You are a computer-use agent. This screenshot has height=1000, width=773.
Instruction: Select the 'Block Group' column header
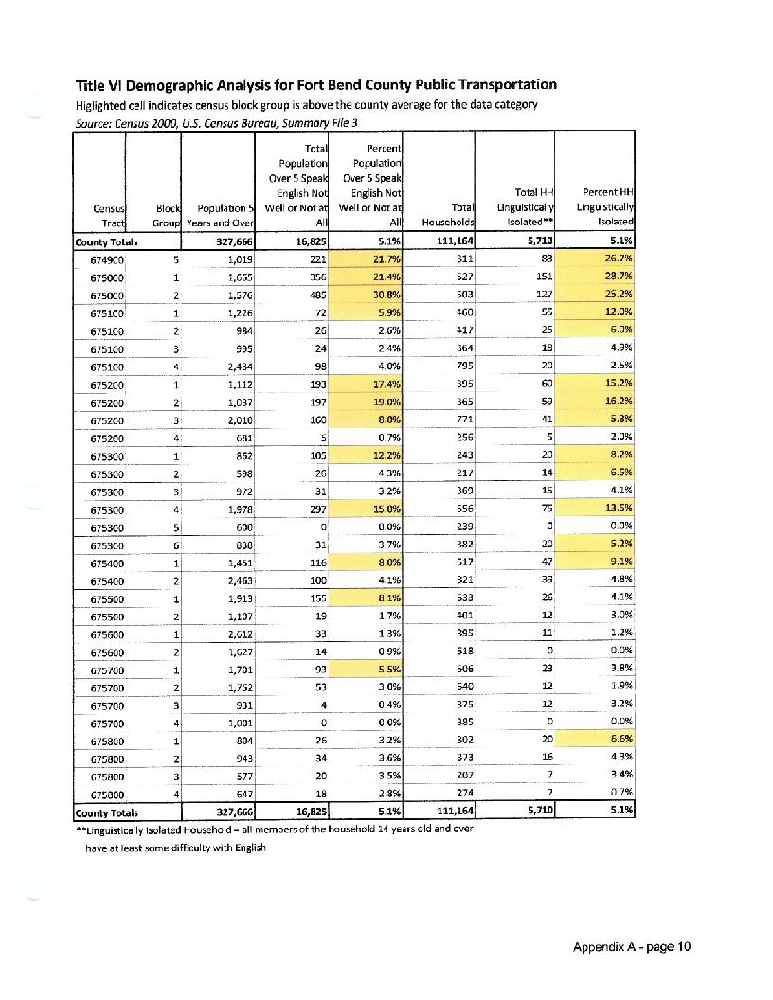157,216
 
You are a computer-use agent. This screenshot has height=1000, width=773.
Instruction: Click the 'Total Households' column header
449,216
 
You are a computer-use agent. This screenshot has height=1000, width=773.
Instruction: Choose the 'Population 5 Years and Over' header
219,216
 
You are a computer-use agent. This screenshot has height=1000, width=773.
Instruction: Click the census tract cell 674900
109,259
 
